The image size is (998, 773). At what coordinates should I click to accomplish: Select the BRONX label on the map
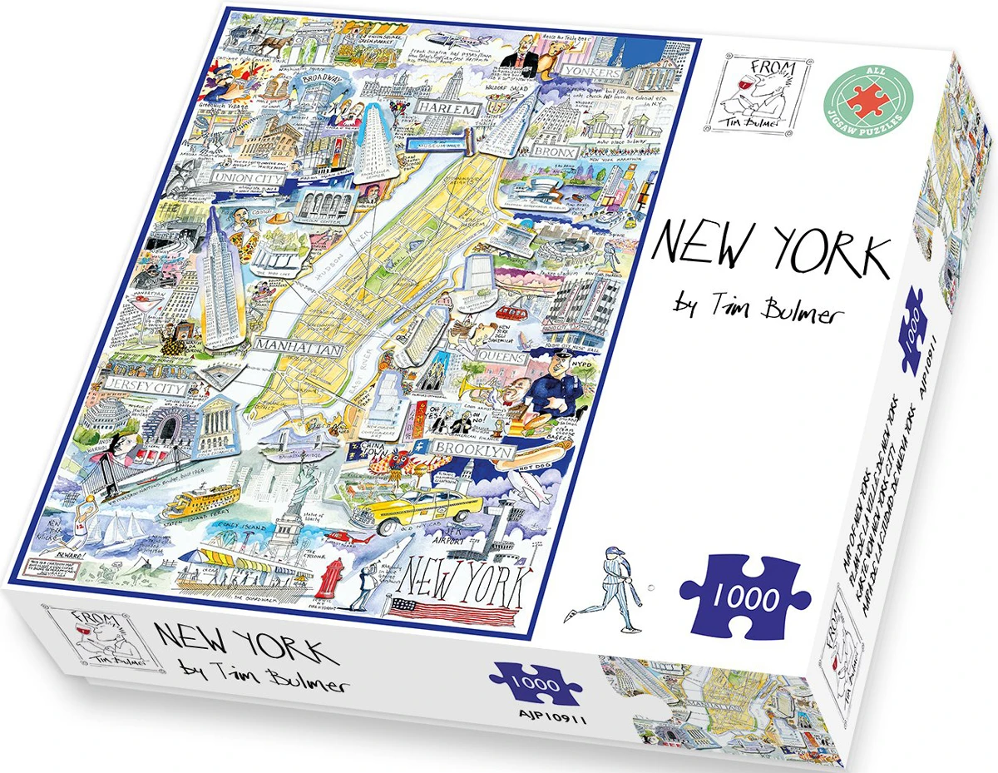tap(554, 152)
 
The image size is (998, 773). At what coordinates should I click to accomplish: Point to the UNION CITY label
tap(248, 177)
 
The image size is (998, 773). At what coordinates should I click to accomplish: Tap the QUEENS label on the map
tap(500, 359)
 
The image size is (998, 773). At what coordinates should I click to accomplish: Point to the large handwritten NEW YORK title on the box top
tap(769, 245)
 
